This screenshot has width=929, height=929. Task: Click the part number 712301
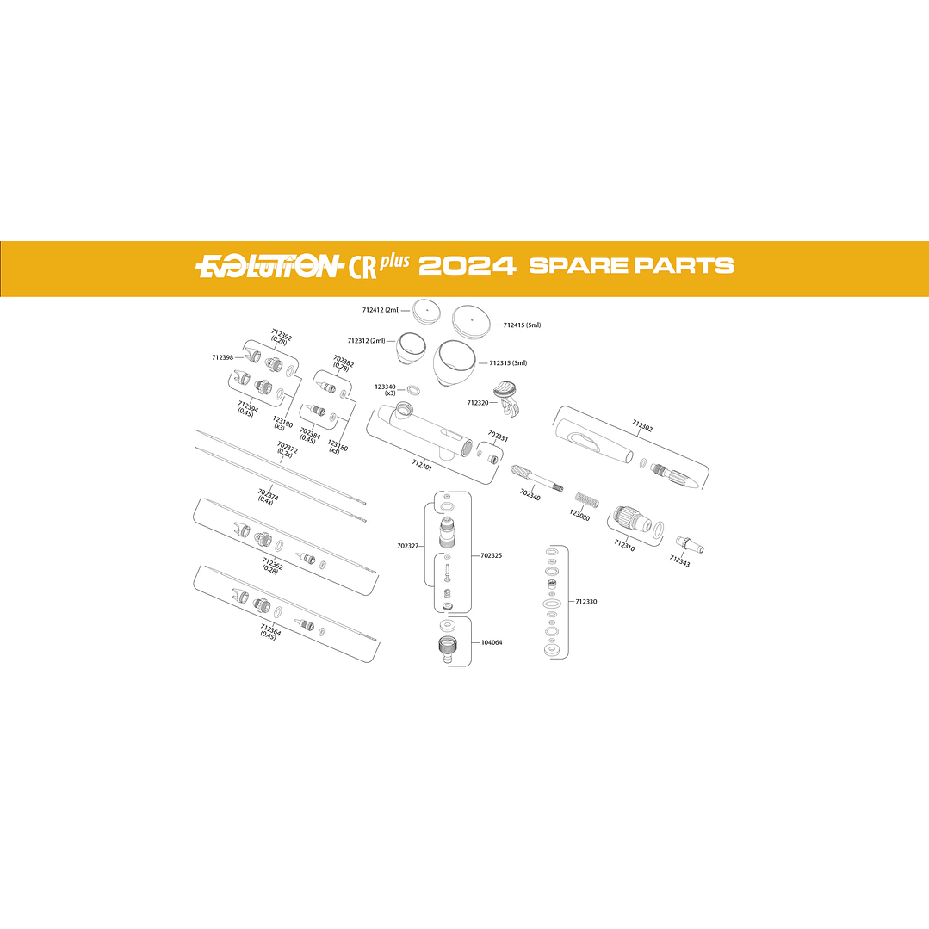point(422,465)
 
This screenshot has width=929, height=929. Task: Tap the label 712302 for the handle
point(642,424)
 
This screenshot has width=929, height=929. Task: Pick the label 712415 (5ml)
point(522,325)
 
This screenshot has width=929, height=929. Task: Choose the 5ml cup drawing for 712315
point(456,362)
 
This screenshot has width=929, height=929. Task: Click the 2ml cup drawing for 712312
point(410,347)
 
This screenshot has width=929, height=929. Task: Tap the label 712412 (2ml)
point(381,309)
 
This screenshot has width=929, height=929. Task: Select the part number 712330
point(585,602)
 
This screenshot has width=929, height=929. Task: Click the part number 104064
point(492,642)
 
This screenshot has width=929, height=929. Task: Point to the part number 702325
point(492,555)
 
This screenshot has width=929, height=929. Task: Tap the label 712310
point(624,545)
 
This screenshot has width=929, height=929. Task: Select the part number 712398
point(223,357)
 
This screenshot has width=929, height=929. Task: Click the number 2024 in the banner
point(467,265)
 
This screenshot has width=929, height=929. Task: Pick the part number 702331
point(498,437)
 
